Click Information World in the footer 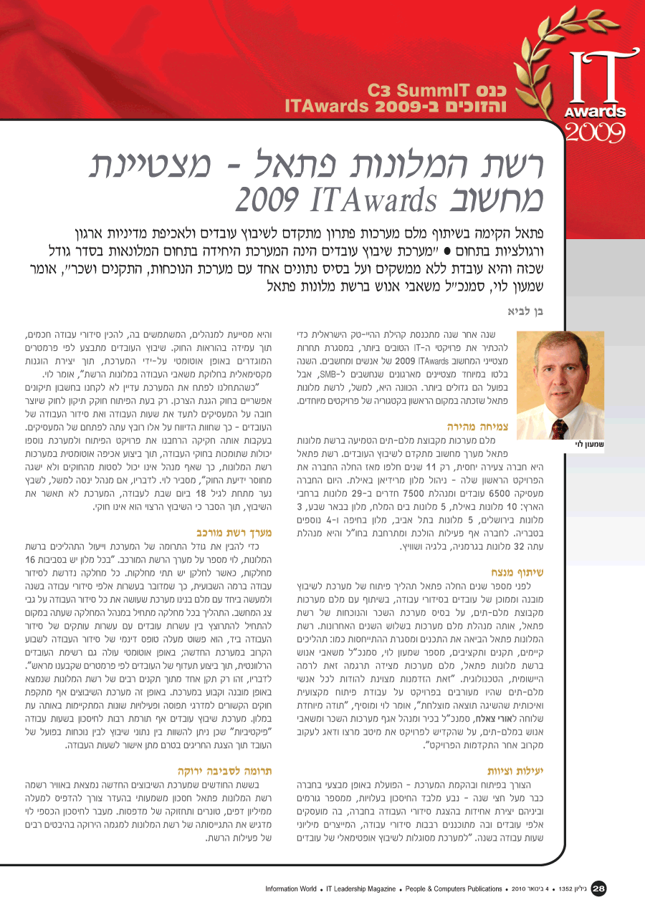(x=290, y=889)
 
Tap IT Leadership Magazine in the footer (x=360, y=889)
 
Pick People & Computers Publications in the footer (x=454, y=889)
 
